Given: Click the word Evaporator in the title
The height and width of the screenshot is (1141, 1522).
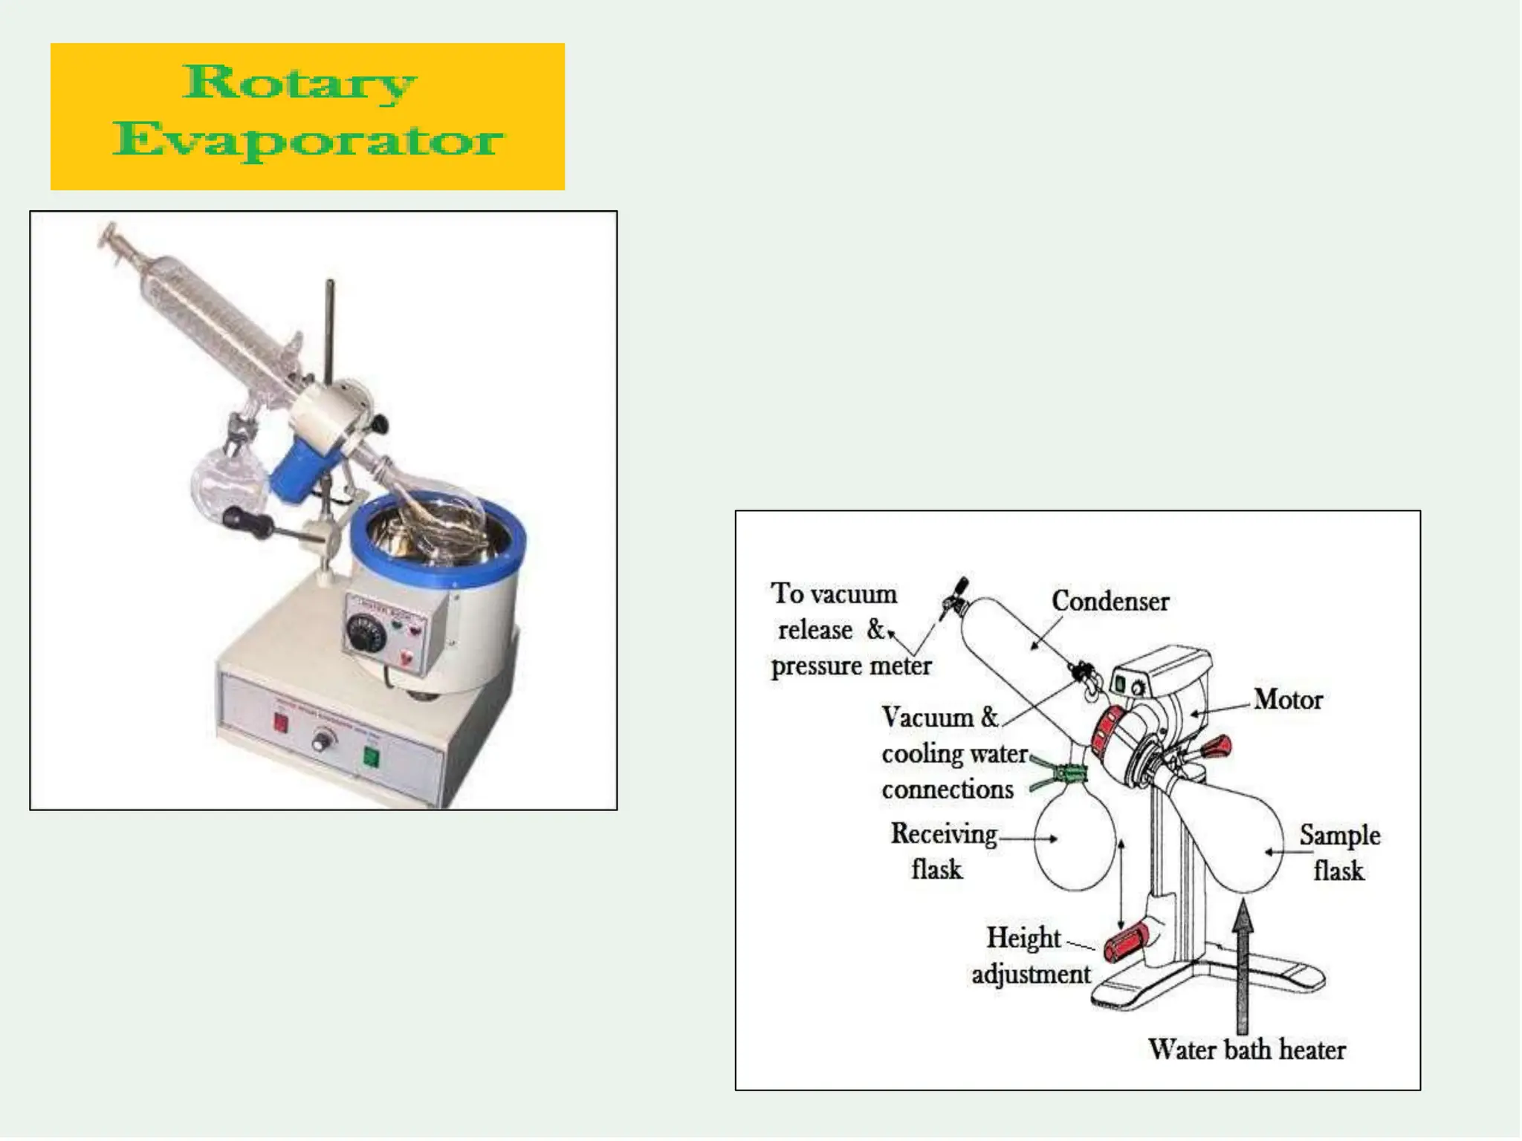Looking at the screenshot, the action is [x=308, y=140].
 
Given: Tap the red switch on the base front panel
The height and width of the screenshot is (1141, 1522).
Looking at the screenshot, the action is [x=281, y=723].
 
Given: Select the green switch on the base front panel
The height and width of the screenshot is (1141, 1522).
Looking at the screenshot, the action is [x=370, y=757].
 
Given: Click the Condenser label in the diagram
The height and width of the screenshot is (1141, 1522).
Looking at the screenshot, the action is [x=1110, y=601].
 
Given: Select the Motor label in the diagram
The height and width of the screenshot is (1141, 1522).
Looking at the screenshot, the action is [x=1288, y=699].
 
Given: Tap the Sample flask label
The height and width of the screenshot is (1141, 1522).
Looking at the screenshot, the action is [x=1339, y=853].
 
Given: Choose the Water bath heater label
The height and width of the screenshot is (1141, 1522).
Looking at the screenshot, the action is [x=1246, y=1049].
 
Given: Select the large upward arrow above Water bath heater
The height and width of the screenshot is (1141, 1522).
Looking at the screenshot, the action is [x=1243, y=966].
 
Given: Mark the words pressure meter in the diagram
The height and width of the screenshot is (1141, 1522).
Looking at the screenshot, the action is [x=851, y=666].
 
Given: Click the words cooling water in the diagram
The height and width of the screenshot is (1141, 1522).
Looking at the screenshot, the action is [x=954, y=753].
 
